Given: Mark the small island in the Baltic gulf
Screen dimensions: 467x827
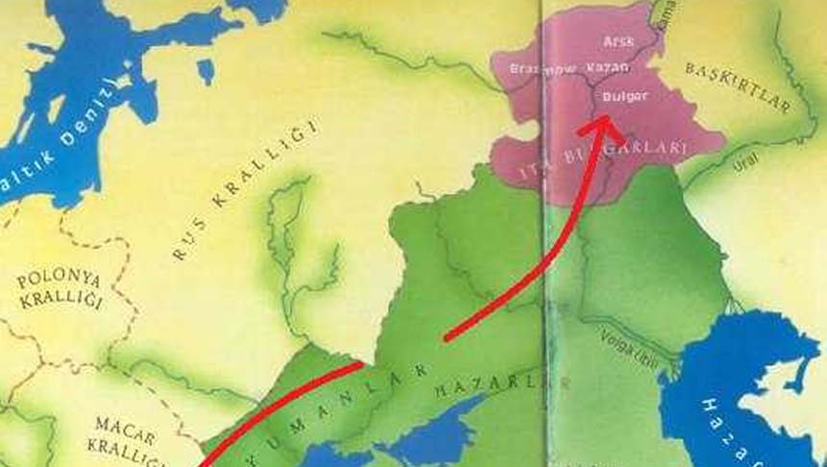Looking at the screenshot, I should click(205, 70).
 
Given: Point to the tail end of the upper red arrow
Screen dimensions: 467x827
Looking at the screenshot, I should click(445, 338).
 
